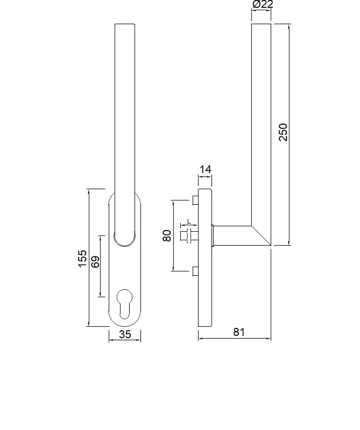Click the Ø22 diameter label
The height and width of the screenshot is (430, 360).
(262, 5)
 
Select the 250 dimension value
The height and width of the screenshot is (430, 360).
(283, 132)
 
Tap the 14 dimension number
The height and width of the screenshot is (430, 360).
(205, 170)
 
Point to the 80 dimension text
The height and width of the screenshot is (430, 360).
(167, 235)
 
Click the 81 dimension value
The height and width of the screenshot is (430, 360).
(239, 332)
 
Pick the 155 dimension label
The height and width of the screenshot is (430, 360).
(82, 258)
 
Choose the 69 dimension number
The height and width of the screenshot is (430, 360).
(95, 263)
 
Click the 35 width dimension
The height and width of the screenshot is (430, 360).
(125, 334)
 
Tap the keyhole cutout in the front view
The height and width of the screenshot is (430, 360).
(125, 304)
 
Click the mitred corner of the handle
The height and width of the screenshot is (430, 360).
(262, 235)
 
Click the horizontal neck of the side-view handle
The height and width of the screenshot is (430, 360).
(231, 235)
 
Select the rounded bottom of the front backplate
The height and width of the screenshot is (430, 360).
(125, 322)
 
